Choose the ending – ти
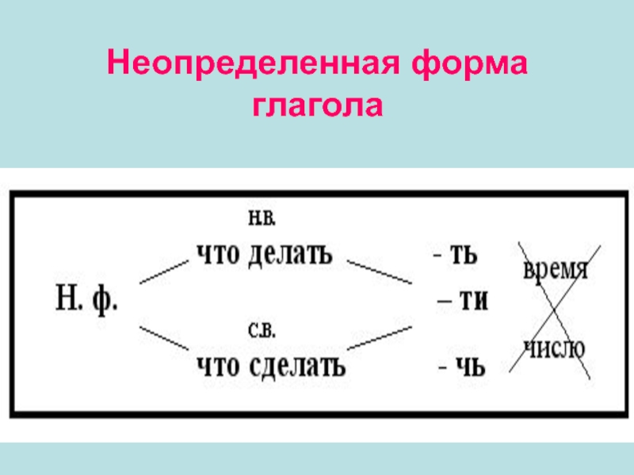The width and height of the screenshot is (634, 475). [x=463, y=302]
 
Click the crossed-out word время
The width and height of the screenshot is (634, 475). [x=555, y=270]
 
